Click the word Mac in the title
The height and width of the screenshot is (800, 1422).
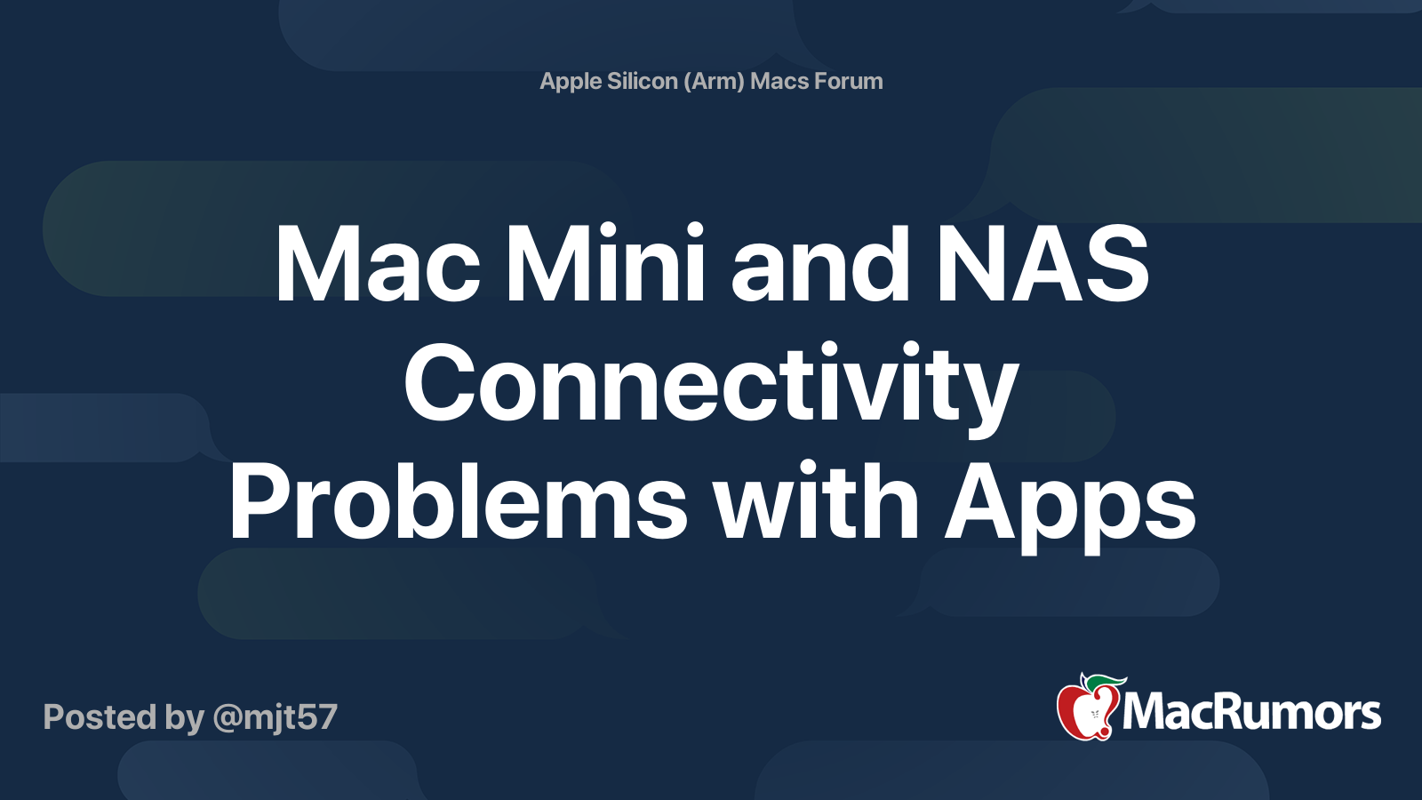click(x=378, y=265)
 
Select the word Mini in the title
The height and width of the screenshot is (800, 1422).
click(x=605, y=265)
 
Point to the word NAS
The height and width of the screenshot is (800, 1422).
click(x=1042, y=265)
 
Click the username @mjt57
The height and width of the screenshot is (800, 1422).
click(x=275, y=717)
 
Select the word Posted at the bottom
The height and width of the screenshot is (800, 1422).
click(x=100, y=717)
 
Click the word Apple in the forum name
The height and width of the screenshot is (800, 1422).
click(x=571, y=82)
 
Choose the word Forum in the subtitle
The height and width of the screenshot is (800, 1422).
click(x=849, y=81)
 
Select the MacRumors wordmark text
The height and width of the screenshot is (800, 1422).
click(x=1251, y=713)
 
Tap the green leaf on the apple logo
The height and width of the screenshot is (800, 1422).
click(x=1106, y=682)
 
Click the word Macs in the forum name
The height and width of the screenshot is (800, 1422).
click(x=779, y=81)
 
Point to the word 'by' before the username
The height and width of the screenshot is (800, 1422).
click(x=184, y=718)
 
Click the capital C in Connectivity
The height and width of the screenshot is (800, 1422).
click(x=440, y=384)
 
